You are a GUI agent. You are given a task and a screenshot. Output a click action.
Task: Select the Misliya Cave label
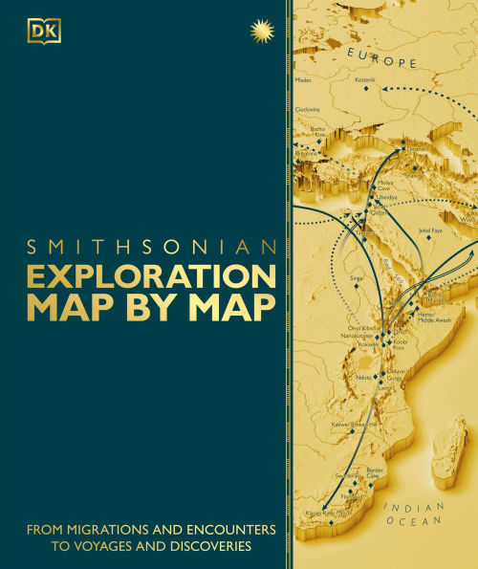tap(383, 185)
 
